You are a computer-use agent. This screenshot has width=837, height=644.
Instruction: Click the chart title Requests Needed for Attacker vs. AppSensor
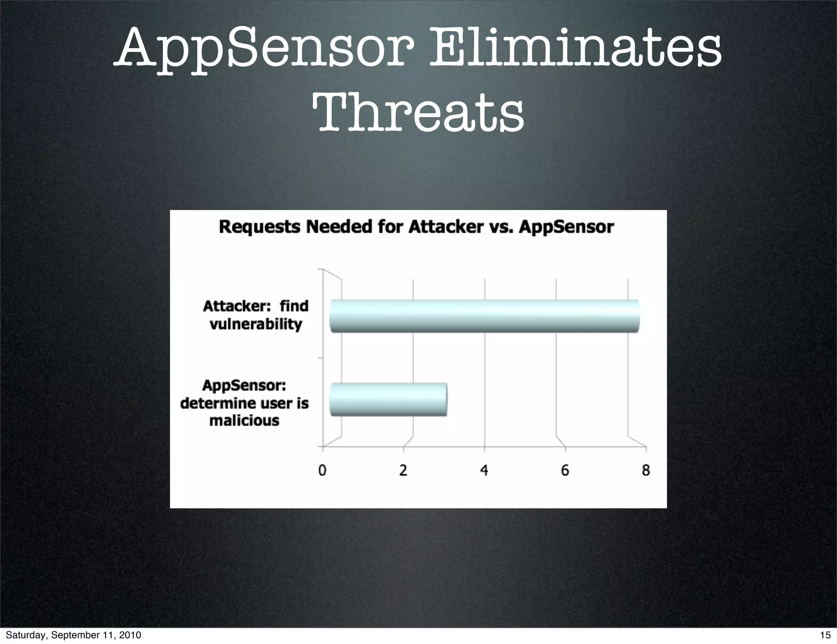[416, 227]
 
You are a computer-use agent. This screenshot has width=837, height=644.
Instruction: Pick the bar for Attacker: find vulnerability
[484, 316]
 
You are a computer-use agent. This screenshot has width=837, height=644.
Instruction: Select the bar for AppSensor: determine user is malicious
[388, 400]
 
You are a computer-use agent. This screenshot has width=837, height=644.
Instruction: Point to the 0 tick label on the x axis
[322, 471]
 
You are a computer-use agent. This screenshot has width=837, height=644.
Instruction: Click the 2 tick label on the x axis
[403, 471]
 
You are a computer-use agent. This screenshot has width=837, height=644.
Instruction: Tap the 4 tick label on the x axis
[484, 471]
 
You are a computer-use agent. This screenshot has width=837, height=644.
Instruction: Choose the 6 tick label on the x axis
[565, 471]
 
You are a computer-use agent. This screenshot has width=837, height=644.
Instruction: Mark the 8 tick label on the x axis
[646, 471]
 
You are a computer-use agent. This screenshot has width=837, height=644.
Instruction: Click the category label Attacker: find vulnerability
[256, 315]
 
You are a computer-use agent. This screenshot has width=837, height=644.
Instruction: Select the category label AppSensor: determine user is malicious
[244, 403]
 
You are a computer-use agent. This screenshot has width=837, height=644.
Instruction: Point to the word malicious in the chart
[244, 420]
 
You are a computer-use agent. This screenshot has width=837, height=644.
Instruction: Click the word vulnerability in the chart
[256, 324]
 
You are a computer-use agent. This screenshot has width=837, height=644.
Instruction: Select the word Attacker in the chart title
[446, 227]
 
